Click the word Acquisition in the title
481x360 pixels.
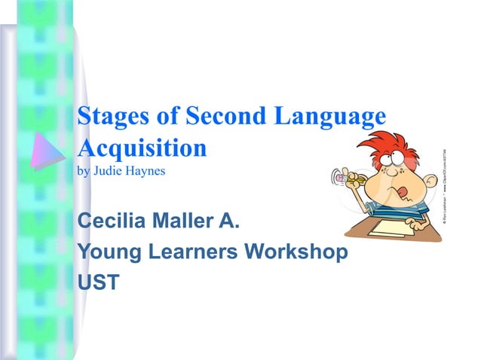(142, 147)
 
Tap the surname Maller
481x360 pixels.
(185, 222)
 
